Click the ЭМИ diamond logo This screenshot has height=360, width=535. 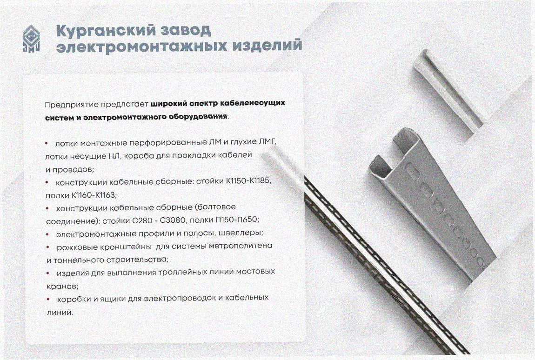(31, 40)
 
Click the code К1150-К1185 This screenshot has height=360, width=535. (248, 181)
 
